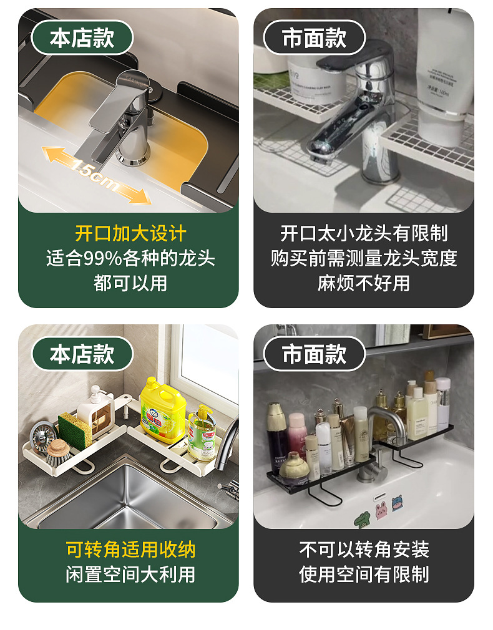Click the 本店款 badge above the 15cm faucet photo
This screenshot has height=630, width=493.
(82, 38)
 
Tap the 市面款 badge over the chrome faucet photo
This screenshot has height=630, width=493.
(314, 38)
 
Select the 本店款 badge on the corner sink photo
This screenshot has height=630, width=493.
(82, 354)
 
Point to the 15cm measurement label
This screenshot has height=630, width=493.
(95, 175)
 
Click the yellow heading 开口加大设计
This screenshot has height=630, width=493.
(130, 233)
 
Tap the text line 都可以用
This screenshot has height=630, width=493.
(130, 283)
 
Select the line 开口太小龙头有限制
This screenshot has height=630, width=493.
(364, 233)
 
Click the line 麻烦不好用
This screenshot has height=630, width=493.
(364, 283)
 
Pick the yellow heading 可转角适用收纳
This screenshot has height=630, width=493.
(130, 550)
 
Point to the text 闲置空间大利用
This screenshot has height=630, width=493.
(130, 574)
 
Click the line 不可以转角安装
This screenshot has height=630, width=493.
(364, 550)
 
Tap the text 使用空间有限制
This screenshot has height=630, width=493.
(364, 574)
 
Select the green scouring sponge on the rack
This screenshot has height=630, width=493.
(75, 430)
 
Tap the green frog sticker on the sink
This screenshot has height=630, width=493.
(363, 520)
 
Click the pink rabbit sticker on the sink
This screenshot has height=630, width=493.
(381, 509)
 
